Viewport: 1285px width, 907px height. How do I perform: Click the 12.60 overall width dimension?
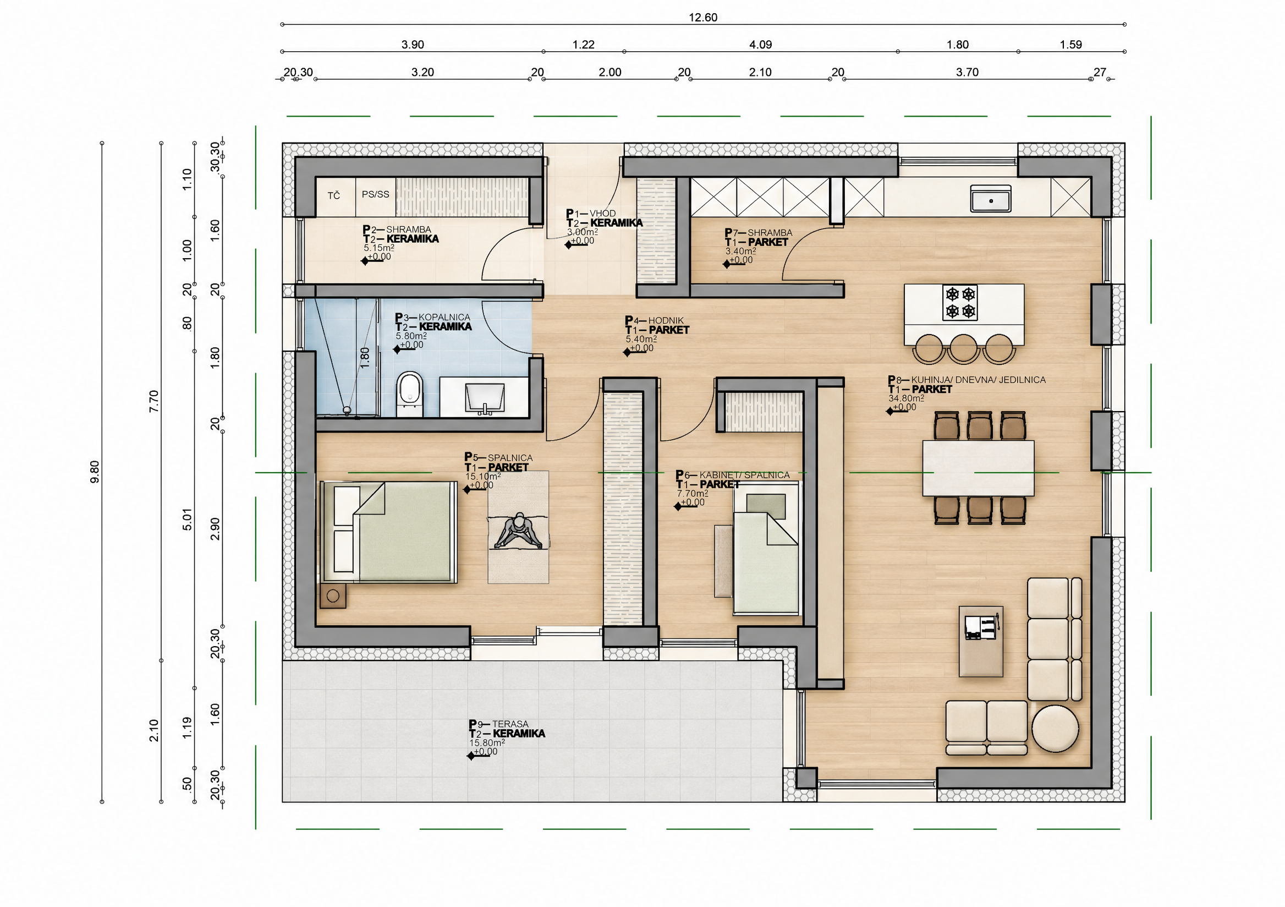click(702, 18)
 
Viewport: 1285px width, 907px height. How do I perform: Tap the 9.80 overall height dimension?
click(95, 472)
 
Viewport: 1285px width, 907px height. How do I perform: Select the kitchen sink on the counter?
click(991, 199)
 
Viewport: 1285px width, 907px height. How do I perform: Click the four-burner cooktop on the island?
click(960, 303)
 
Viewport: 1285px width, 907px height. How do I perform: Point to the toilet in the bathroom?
click(410, 394)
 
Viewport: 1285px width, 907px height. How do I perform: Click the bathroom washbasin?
click(485, 398)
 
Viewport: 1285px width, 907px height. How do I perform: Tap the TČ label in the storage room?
click(333, 195)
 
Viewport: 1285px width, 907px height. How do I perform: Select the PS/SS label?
click(376, 194)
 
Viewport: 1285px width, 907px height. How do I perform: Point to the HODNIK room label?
click(666, 321)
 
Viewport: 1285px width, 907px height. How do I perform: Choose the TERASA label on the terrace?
click(510, 724)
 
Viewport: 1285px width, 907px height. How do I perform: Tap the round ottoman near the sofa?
click(1055, 728)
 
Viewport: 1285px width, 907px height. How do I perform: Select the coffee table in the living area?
click(981, 641)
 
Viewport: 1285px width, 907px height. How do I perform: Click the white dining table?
click(978, 468)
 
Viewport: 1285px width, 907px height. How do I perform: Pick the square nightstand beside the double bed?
click(333, 595)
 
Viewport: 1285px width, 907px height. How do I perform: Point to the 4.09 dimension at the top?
click(761, 45)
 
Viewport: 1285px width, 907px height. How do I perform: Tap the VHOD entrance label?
click(603, 214)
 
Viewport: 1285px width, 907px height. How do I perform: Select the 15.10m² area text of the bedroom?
click(483, 477)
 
